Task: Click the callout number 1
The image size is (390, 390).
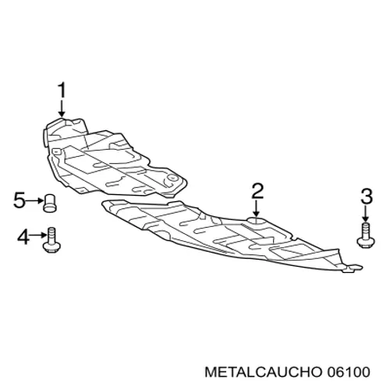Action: click(62, 90)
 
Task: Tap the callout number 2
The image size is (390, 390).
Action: click(257, 191)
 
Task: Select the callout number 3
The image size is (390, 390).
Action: click(367, 197)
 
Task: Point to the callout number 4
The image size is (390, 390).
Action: click(23, 236)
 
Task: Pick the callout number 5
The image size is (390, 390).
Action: click(19, 200)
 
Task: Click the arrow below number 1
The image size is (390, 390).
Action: click(62, 108)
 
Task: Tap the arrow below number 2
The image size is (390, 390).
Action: click(257, 208)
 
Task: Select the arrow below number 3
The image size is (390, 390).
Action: click(366, 214)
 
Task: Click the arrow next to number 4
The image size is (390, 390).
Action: click(37, 236)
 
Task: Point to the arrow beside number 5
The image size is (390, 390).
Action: click(34, 200)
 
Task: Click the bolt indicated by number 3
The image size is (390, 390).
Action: click(366, 235)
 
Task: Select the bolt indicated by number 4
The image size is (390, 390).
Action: click(51, 240)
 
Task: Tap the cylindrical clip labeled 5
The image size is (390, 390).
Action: click(50, 203)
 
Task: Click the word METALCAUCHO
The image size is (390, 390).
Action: click(263, 372)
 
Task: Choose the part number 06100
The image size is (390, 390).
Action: click(348, 372)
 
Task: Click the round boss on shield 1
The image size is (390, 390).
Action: click(172, 178)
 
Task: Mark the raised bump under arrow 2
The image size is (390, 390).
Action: click(256, 221)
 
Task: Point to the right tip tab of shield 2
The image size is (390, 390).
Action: click(356, 267)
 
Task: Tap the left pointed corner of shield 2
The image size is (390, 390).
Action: click(104, 204)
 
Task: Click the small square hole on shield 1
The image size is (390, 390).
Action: click(55, 151)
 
